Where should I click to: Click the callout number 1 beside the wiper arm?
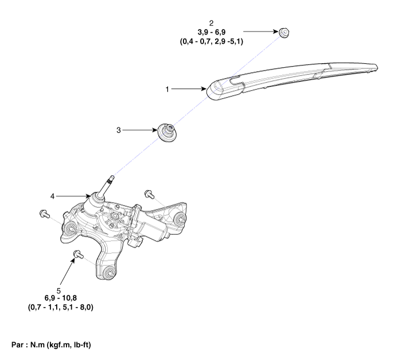167,89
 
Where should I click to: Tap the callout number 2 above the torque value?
211,23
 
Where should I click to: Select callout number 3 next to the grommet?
119,130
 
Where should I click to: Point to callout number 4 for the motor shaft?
53,196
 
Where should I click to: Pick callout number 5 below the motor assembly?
58,291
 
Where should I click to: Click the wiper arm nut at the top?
284,32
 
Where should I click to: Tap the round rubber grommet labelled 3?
167,131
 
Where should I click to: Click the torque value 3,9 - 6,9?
212,32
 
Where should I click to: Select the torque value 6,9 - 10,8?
61,298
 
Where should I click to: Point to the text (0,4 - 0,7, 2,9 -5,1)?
212,41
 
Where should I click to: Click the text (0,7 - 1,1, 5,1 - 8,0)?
61,307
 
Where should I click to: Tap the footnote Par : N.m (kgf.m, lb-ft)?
51,345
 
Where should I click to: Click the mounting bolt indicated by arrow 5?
78,255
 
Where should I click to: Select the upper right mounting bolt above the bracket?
149,194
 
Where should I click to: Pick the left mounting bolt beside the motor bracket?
45,214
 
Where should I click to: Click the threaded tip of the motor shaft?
111,178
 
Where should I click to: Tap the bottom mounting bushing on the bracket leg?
110,272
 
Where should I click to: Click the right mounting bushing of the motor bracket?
179,219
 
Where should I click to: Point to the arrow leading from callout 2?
261,32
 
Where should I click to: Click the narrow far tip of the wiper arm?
376,67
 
